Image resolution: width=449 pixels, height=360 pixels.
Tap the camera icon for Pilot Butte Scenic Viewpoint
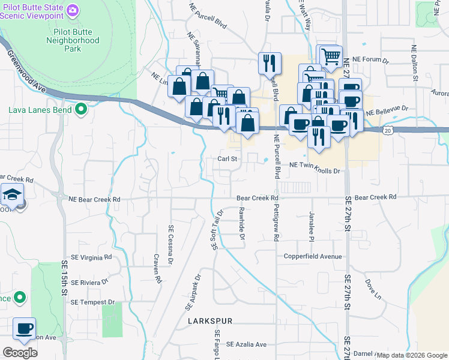pos(73,10)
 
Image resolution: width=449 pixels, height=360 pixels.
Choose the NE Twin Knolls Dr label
pos(315,171)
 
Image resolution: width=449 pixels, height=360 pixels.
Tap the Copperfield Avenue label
pos(313,256)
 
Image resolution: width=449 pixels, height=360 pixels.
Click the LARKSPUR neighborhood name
pos(209,322)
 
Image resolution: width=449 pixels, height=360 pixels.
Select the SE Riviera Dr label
pos(88,281)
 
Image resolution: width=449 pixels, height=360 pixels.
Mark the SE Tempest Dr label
pos(92,302)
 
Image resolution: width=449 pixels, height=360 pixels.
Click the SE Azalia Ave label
pos(246,344)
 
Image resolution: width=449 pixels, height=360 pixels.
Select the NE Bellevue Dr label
pos(387,110)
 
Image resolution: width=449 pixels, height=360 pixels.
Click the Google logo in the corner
pos(20,353)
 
